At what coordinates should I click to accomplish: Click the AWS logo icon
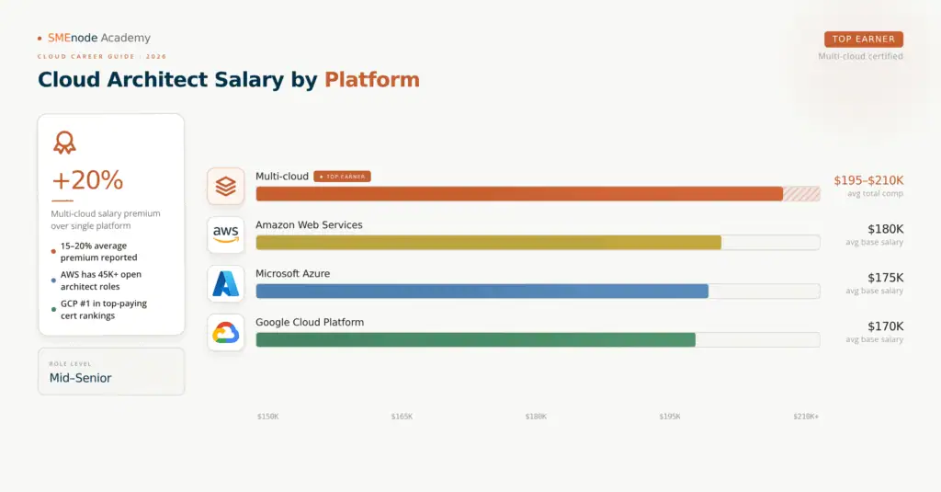pos(226,235)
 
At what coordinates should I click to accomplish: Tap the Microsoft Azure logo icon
pos(226,283)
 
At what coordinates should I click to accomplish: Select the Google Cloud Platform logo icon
pos(226,332)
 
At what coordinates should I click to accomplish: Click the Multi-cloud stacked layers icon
pos(226,186)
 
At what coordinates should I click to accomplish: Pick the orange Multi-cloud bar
pos(519,193)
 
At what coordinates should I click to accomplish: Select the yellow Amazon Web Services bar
pos(488,242)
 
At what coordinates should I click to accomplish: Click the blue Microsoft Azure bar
pos(482,291)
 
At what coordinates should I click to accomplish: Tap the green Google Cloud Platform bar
pos(475,339)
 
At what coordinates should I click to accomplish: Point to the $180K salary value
pos(886,228)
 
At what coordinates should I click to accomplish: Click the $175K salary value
pos(886,277)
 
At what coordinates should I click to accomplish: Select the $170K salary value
pos(886,326)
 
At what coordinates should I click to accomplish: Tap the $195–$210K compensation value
pos(868,179)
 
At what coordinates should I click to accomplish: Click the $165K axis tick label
pos(402,417)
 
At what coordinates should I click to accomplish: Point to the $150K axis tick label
pos(267,417)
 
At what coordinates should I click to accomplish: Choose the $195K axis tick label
pos(670,417)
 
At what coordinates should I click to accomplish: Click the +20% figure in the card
pos(87,180)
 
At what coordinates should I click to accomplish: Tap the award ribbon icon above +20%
pos(64,143)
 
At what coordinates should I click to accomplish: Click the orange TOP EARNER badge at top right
pos(864,40)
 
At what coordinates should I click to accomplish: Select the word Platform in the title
pos(371,80)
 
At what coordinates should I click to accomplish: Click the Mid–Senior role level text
pos(80,377)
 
